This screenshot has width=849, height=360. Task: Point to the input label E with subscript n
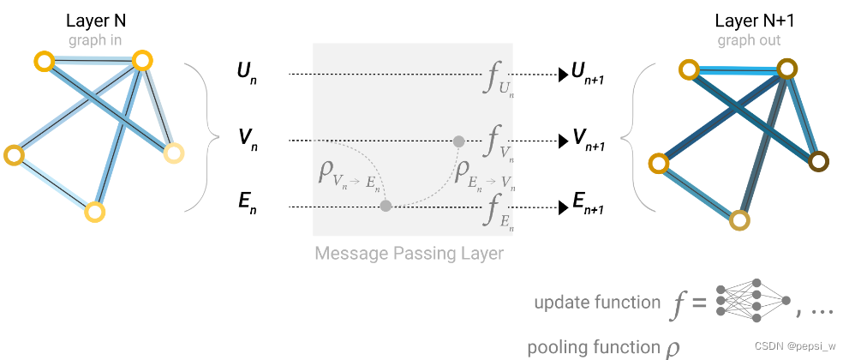tap(247, 206)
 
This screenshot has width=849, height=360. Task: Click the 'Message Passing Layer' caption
tap(409, 254)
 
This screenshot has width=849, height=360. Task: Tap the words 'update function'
tap(597, 303)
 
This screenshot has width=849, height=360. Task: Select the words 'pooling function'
tap(594, 347)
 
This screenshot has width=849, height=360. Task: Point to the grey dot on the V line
tap(458, 141)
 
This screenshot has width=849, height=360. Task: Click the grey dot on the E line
tap(386, 206)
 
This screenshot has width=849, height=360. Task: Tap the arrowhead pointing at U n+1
tap(563, 75)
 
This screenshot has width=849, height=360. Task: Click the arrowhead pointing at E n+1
tap(563, 207)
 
